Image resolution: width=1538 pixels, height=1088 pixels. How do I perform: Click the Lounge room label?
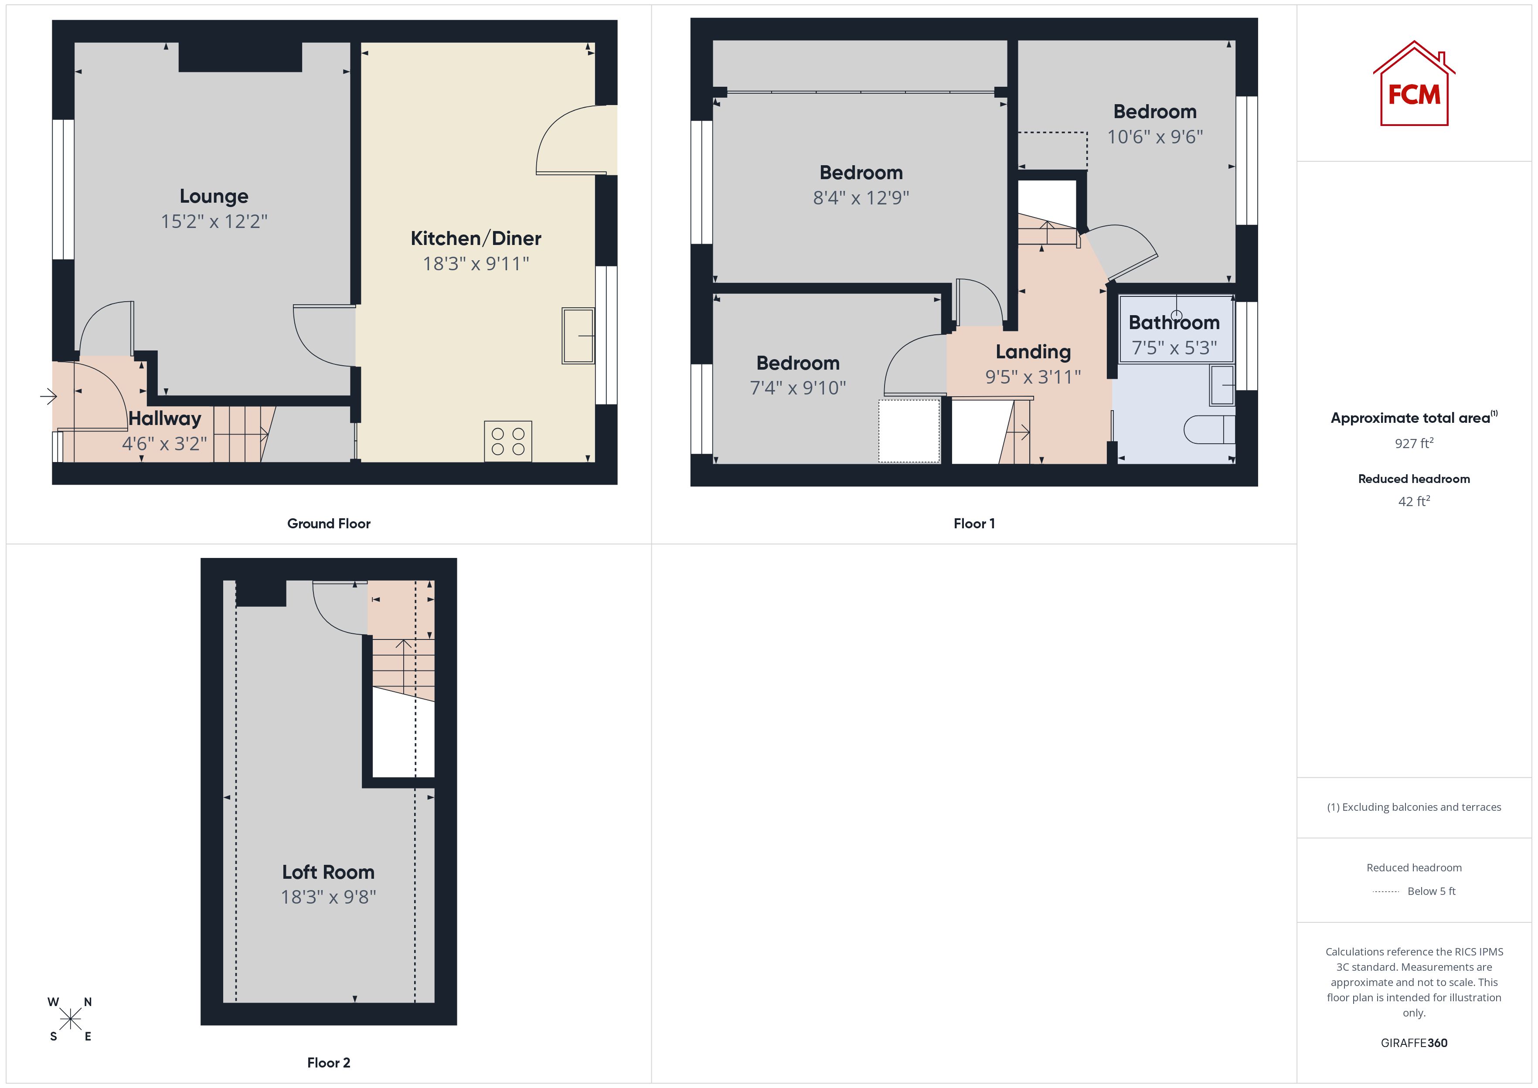[214, 196]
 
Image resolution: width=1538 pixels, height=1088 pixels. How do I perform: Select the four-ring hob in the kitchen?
[508, 442]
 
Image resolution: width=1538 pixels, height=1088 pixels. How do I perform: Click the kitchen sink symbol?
[578, 336]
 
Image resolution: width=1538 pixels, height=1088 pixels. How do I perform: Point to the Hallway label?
[165, 419]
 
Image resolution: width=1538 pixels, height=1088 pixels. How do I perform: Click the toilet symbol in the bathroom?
[1209, 429]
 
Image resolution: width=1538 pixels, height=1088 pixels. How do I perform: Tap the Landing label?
[1033, 352]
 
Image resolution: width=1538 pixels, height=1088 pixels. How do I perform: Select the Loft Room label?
[328, 872]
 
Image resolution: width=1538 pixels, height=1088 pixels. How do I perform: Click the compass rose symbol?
[70, 1020]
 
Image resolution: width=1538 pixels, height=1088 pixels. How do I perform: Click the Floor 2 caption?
[328, 1063]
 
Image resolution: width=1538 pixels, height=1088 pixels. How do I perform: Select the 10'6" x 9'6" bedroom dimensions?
[1155, 137]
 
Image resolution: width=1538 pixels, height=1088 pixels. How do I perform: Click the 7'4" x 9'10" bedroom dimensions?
[798, 388]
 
